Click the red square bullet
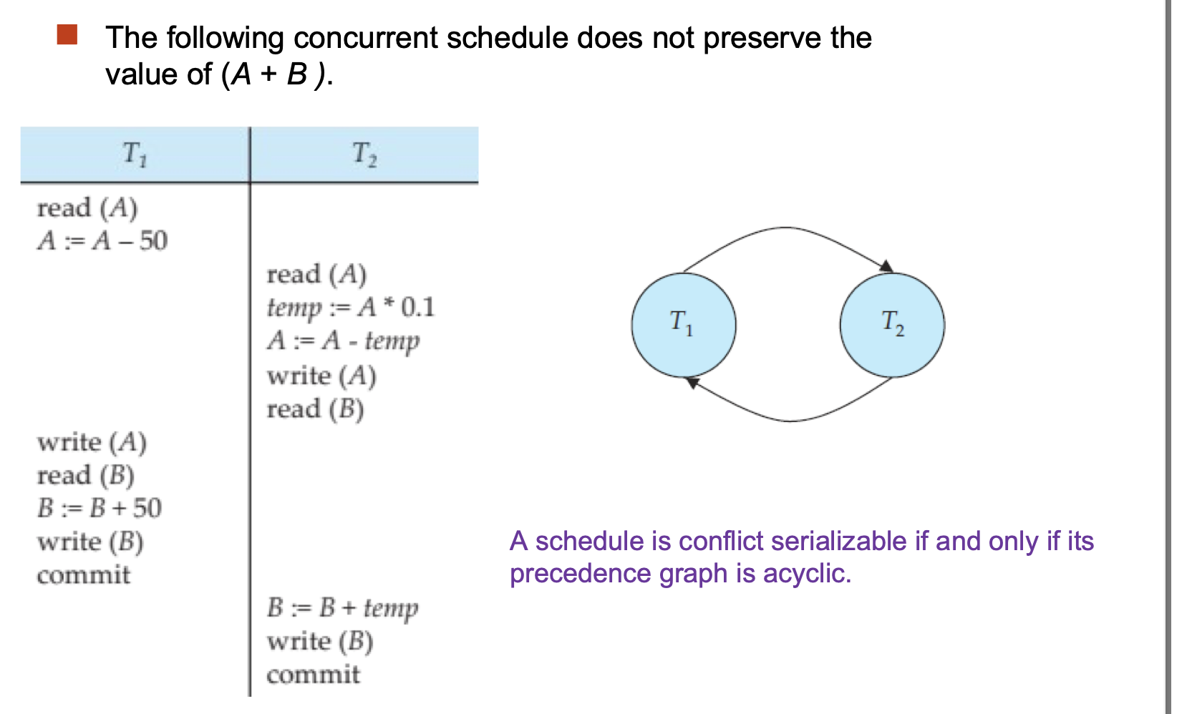(x=67, y=34)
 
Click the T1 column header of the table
(x=135, y=155)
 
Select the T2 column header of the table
(x=365, y=155)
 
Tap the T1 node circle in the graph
(x=684, y=325)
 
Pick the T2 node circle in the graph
(x=892, y=325)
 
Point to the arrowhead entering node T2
(x=886, y=266)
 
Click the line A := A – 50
(x=102, y=241)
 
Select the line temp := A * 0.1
(x=350, y=308)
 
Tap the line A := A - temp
(x=344, y=341)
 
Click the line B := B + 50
(x=99, y=508)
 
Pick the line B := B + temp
(x=343, y=608)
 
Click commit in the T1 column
(x=83, y=575)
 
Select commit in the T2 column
(x=313, y=675)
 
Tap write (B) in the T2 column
(x=320, y=642)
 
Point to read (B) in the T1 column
(x=85, y=476)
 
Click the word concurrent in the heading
(x=366, y=38)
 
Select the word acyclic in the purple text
(x=807, y=574)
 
